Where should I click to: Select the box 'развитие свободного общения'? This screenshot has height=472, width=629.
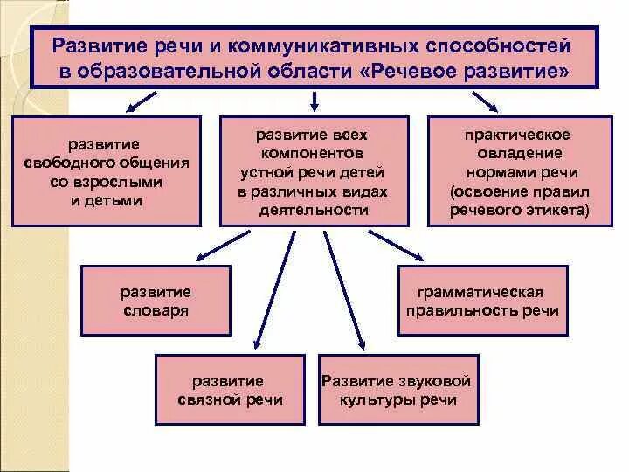pyautogui.click(x=107, y=170)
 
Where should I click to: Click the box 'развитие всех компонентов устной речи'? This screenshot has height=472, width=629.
pyautogui.click(x=312, y=171)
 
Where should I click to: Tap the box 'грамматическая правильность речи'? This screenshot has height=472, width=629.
pyautogui.click(x=481, y=301)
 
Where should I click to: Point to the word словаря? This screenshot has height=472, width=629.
pyautogui.click(x=156, y=310)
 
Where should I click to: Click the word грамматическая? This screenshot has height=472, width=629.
pyautogui.click(x=481, y=291)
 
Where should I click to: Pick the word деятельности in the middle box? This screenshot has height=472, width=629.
pyautogui.click(x=312, y=210)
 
